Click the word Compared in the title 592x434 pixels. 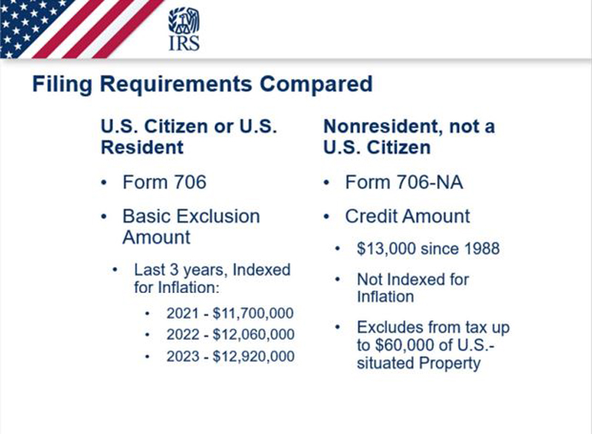click(x=316, y=84)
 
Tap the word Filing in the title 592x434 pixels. click(x=62, y=84)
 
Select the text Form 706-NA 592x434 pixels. click(x=404, y=182)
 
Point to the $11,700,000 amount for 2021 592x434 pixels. click(x=253, y=313)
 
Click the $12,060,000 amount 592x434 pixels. click(x=253, y=334)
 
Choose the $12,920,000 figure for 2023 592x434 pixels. click(x=253, y=356)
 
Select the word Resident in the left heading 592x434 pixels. click(x=142, y=147)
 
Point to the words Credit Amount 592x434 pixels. click(x=408, y=217)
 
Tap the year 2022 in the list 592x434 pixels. click(x=182, y=334)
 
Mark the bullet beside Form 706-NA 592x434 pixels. click(x=326, y=183)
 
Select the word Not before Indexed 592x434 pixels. click(x=369, y=279)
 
